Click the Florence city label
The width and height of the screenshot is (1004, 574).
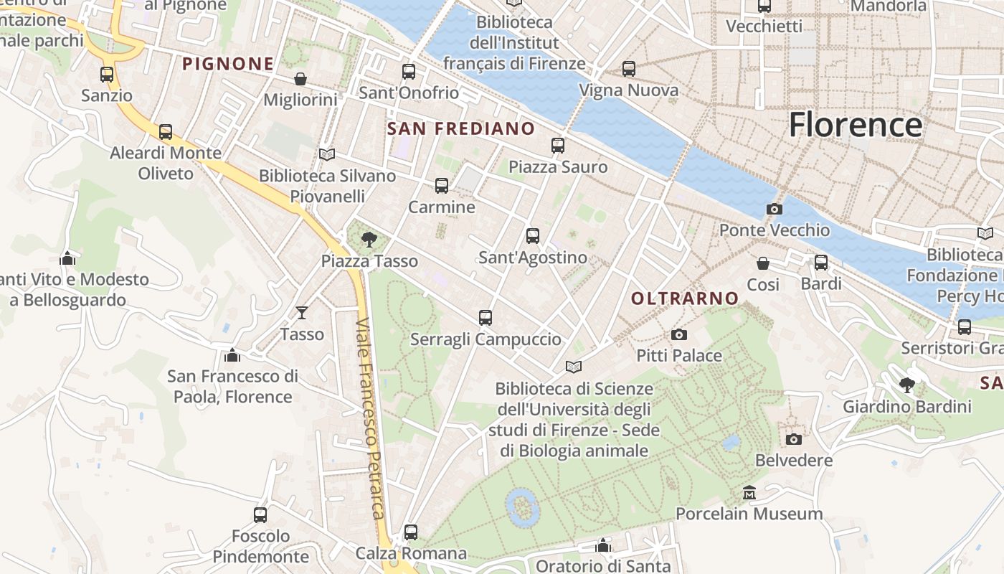855,125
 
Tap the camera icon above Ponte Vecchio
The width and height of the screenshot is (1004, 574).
775,210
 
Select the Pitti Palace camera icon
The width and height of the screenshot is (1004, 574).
679,334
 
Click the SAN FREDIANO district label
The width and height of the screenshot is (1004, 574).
460,128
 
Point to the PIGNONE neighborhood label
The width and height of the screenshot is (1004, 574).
228,64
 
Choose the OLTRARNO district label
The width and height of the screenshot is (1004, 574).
685,298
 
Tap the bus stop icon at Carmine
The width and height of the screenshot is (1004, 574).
442,186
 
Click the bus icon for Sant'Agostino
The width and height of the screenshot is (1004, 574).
532,236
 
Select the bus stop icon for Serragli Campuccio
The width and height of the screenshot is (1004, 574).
486,317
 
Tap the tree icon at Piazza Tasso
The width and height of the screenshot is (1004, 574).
369,240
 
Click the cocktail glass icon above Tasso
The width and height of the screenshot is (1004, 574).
302,313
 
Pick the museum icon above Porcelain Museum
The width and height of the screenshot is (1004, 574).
749,493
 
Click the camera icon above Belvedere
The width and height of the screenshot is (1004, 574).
793,439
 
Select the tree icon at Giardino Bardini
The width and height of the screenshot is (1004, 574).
907,385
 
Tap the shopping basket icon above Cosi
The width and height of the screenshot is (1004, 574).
763,264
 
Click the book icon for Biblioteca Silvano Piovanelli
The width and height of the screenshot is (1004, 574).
327,154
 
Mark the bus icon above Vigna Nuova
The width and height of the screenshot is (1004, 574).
629,69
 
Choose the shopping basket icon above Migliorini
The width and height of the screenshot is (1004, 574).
300,79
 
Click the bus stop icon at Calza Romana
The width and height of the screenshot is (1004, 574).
411,532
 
